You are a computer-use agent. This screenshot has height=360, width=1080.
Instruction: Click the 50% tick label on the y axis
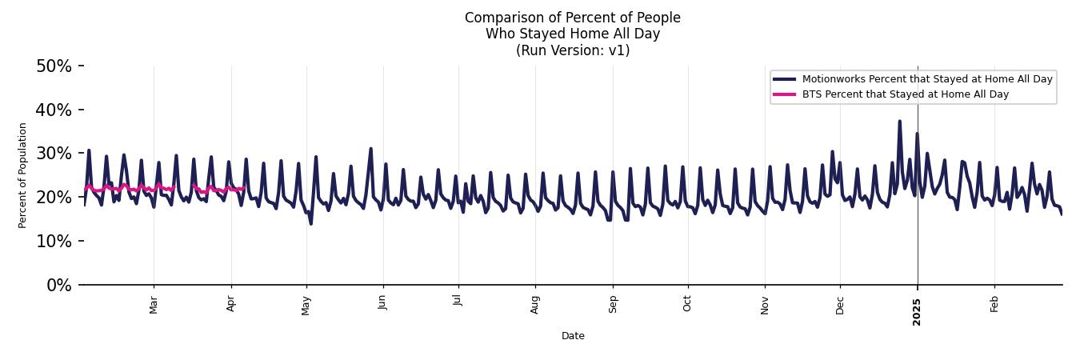pos(54,66)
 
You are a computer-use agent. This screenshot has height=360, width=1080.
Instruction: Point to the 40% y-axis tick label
pos(54,110)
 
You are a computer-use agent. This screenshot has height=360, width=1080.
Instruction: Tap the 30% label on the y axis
pos(54,154)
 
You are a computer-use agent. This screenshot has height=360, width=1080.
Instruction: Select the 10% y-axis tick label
pos(54,241)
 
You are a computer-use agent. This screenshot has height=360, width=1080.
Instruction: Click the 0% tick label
pos(58,285)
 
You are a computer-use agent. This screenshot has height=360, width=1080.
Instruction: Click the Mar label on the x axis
pos(154,305)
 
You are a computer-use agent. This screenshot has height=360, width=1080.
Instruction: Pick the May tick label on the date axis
pos(306,305)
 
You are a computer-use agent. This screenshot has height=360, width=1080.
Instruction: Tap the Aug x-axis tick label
pos(535,304)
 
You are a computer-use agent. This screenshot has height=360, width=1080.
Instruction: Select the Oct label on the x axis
pos(688,304)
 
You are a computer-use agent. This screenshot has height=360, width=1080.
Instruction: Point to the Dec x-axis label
pos(840,304)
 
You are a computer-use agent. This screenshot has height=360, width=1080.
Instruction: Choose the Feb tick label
pos(994,304)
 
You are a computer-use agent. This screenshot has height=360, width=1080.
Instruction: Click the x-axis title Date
pos(573,336)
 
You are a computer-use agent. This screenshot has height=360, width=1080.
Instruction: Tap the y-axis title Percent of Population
pos(23,175)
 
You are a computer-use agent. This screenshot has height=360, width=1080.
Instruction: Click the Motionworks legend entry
pos(927,79)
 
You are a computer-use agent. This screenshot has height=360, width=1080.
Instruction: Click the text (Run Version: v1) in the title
pos(573,50)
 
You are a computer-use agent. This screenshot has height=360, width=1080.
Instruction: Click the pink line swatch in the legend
pos(784,94)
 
